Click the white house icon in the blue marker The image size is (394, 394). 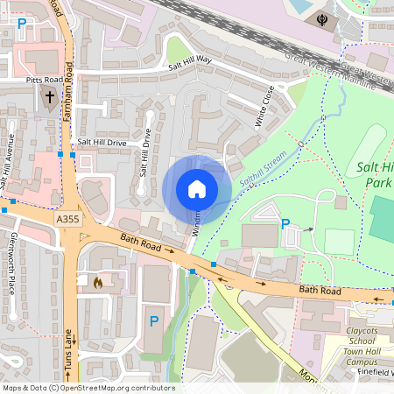(197, 188)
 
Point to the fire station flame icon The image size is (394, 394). (97, 283)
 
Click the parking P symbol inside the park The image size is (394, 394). (285, 224)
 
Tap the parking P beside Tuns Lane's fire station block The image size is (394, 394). (154, 321)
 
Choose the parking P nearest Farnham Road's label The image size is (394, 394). (21, 25)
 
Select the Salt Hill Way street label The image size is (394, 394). (190, 62)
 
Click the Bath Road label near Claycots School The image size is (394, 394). (319, 289)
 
